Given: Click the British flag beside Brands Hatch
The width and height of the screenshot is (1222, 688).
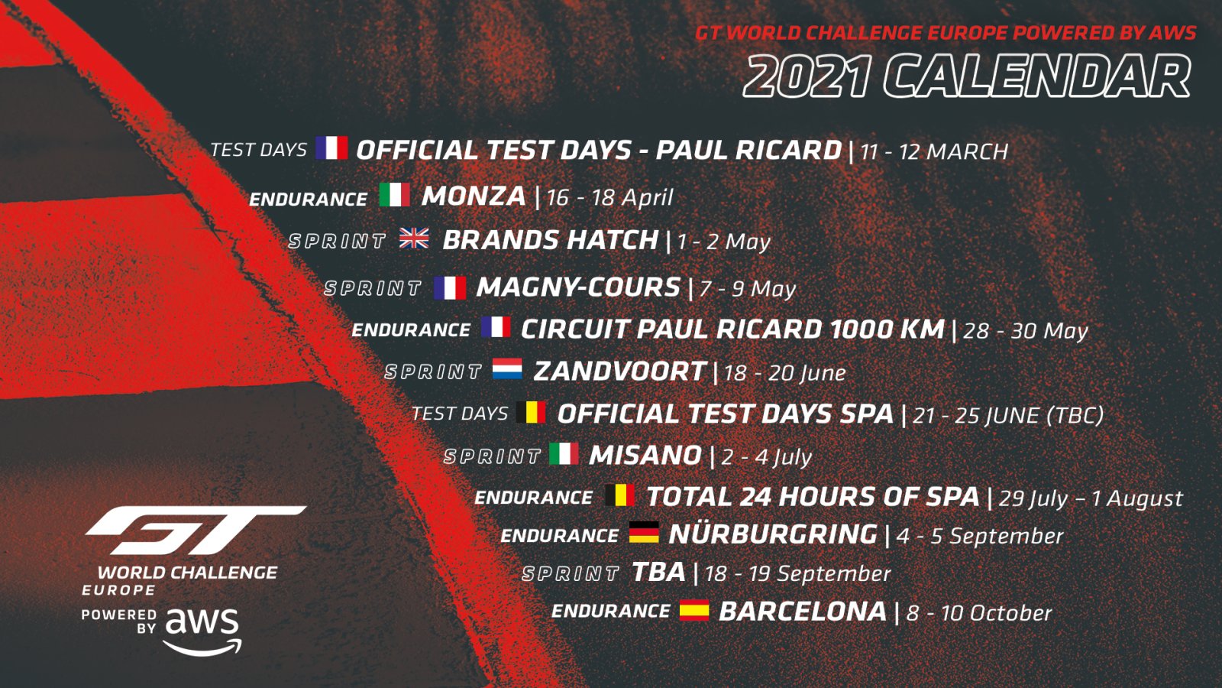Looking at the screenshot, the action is tap(414, 239).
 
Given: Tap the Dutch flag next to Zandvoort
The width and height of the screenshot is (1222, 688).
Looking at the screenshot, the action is tap(507, 368).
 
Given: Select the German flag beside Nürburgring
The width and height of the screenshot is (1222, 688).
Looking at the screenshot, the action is tap(644, 532).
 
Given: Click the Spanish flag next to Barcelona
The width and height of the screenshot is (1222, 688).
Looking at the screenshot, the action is tap(694, 610).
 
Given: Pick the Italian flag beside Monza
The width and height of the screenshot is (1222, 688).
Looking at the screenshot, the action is tap(394, 194).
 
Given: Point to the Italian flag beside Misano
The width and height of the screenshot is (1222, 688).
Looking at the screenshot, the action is tap(564, 453).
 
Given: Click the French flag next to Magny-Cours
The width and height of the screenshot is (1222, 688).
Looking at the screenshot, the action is tap(450, 287).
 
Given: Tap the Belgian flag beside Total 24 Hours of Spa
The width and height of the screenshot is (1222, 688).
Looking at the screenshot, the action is tap(619, 495).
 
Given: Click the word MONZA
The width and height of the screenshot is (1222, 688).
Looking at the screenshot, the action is tap(474, 196).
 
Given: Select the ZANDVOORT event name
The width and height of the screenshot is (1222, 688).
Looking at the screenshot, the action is tap(619, 372).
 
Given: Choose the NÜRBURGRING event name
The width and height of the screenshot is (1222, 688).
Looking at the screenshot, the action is tap(773, 534).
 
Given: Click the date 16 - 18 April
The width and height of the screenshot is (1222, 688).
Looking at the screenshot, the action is tap(610, 198).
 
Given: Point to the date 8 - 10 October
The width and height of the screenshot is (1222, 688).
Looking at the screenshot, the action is tap(978, 612).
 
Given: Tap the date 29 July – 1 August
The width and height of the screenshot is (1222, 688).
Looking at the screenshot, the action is tap(1091, 498).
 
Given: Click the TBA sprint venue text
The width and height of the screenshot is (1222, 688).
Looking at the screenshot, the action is tap(658, 573).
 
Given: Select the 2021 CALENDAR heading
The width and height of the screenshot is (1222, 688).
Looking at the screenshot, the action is tap(966, 76).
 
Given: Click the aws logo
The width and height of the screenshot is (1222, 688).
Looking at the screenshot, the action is tap(202, 631).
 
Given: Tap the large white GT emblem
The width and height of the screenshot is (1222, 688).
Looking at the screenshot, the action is tap(196, 529).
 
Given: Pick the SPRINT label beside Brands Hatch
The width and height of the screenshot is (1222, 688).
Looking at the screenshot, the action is tap(337, 241).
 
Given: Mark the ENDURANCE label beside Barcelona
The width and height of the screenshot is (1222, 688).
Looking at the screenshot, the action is tap(610, 611).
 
